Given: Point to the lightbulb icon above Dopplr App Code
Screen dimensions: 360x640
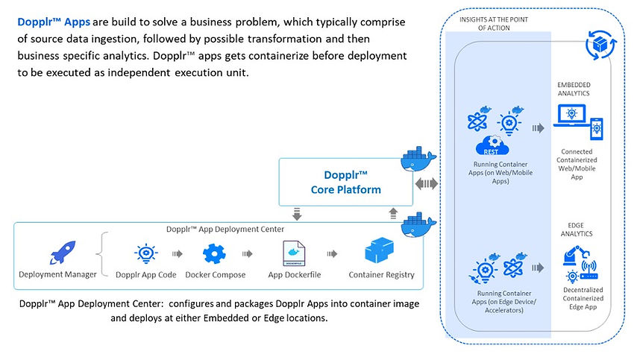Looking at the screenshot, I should [146, 254].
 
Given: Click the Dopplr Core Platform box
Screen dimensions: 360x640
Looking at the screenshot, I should [345, 183].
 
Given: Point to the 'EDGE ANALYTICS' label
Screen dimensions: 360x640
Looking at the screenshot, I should [580, 229].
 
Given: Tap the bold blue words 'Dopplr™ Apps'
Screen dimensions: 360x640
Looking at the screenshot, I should [54, 22].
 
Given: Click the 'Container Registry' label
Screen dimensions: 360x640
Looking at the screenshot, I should [381, 275].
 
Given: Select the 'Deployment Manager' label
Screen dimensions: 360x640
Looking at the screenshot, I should [57, 275].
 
